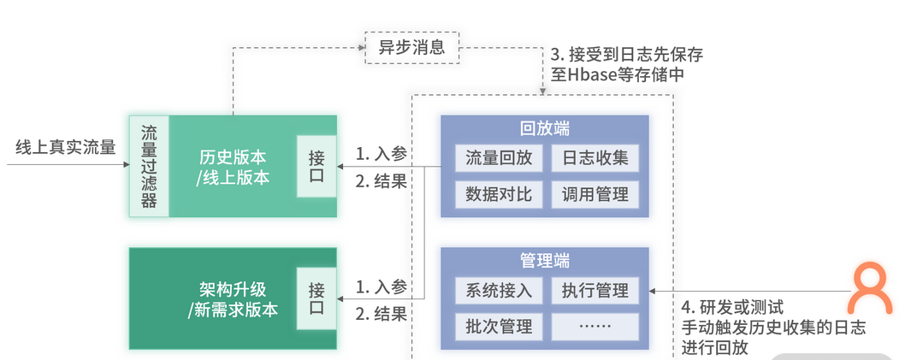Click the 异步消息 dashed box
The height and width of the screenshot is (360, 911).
pos(411,46)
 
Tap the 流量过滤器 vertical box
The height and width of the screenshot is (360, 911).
pos(149,167)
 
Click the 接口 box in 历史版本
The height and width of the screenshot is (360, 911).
pos(316,167)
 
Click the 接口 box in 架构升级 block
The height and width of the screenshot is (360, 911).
pos(316,298)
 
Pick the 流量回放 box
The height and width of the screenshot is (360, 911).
pos(499,157)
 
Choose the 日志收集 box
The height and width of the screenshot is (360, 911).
pos(595,157)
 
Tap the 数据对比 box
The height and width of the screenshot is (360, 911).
pos(499,194)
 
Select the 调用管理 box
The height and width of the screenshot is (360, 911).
pos(595,194)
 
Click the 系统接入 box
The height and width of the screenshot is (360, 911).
pos(499,290)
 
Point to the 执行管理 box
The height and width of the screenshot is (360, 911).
pos(595,290)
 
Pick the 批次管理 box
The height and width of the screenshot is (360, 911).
pos(499,326)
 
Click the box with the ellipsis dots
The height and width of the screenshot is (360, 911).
pos(595,326)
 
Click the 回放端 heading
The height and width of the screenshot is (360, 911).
pos(545,129)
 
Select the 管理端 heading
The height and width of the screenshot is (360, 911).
pos(545,261)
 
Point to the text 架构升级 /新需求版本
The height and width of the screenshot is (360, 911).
pos(233,298)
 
